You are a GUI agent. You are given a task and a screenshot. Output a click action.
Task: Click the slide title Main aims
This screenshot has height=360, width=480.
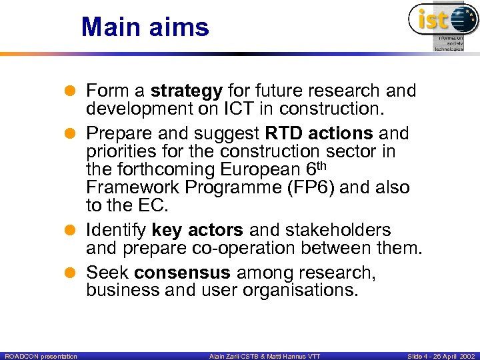pyautogui.click(x=145, y=27)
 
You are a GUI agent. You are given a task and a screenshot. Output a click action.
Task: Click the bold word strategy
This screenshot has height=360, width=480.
pyautogui.click(x=187, y=90)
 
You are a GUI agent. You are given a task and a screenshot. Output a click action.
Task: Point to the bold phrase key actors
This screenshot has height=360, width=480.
pyautogui.click(x=197, y=231)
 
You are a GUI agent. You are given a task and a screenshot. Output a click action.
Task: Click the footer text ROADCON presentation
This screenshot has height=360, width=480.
pyautogui.click(x=40, y=356)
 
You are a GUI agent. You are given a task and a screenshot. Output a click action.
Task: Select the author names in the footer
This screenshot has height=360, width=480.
pyautogui.click(x=265, y=356)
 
